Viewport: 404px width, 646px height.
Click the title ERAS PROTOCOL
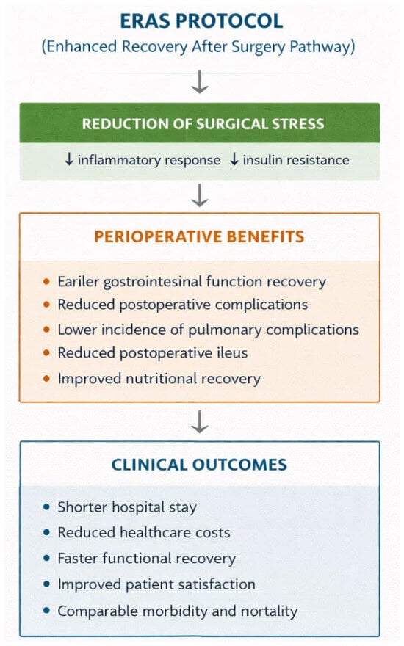pyautogui.click(x=201, y=21)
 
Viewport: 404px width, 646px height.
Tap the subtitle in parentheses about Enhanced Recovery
pyautogui.click(x=198, y=46)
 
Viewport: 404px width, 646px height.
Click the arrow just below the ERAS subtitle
pyautogui.click(x=200, y=82)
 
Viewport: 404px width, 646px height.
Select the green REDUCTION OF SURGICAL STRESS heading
pyautogui.click(x=203, y=124)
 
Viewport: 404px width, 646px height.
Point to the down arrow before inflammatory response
pyautogui.click(x=69, y=159)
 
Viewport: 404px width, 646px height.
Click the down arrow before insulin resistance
pyautogui.click(x=234, y=159)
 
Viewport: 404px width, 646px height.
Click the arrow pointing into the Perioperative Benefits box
pyautogui.click(x=200, y=195)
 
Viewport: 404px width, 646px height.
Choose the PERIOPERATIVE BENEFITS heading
pyautogui.click(x=200, y=236)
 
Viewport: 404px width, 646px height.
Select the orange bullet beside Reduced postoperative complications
pyautogui.click(x=46, y=305)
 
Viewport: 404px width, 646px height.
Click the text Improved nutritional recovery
pyautogui.click(x=159, y=379)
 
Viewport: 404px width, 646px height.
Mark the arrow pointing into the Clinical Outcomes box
pyautogui.click(x=200, y=421)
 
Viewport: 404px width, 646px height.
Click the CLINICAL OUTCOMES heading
pyautogui.click(x=200, y=465)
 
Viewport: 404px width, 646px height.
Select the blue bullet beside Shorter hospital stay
pyautogui.click(x=46, y=507)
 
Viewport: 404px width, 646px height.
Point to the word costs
pyautogui.click(x=213, y=533)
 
